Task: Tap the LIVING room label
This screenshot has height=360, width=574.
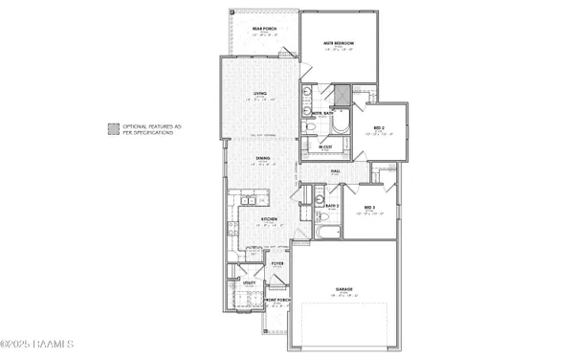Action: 259,93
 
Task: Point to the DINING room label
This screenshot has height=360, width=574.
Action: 261,158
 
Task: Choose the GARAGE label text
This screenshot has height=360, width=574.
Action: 345,288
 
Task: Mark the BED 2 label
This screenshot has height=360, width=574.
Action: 379,127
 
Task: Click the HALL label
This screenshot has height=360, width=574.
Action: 336,170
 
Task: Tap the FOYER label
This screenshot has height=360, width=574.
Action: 277,261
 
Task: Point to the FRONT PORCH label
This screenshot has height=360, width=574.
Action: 277,300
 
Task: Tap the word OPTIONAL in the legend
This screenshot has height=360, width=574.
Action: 135,125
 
